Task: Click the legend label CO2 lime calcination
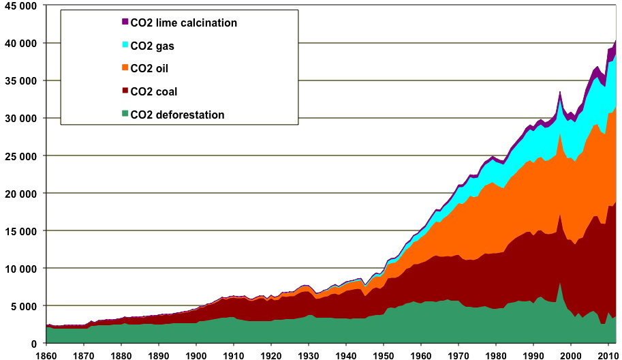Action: tap(183, 23)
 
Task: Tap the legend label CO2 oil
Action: tap(149, 69)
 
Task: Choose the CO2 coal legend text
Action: tap(153, 92)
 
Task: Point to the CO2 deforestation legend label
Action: tap(177, 115)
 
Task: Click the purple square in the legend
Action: tap(125, 22)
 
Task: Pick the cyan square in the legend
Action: tap(125, 46)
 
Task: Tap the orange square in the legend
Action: tap(125, 69)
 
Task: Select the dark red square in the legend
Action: tap(125, 91)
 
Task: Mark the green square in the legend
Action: tap(125, 115)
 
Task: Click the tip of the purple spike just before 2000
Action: tap(559, 91)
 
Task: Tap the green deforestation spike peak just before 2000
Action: tap(559, 282)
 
